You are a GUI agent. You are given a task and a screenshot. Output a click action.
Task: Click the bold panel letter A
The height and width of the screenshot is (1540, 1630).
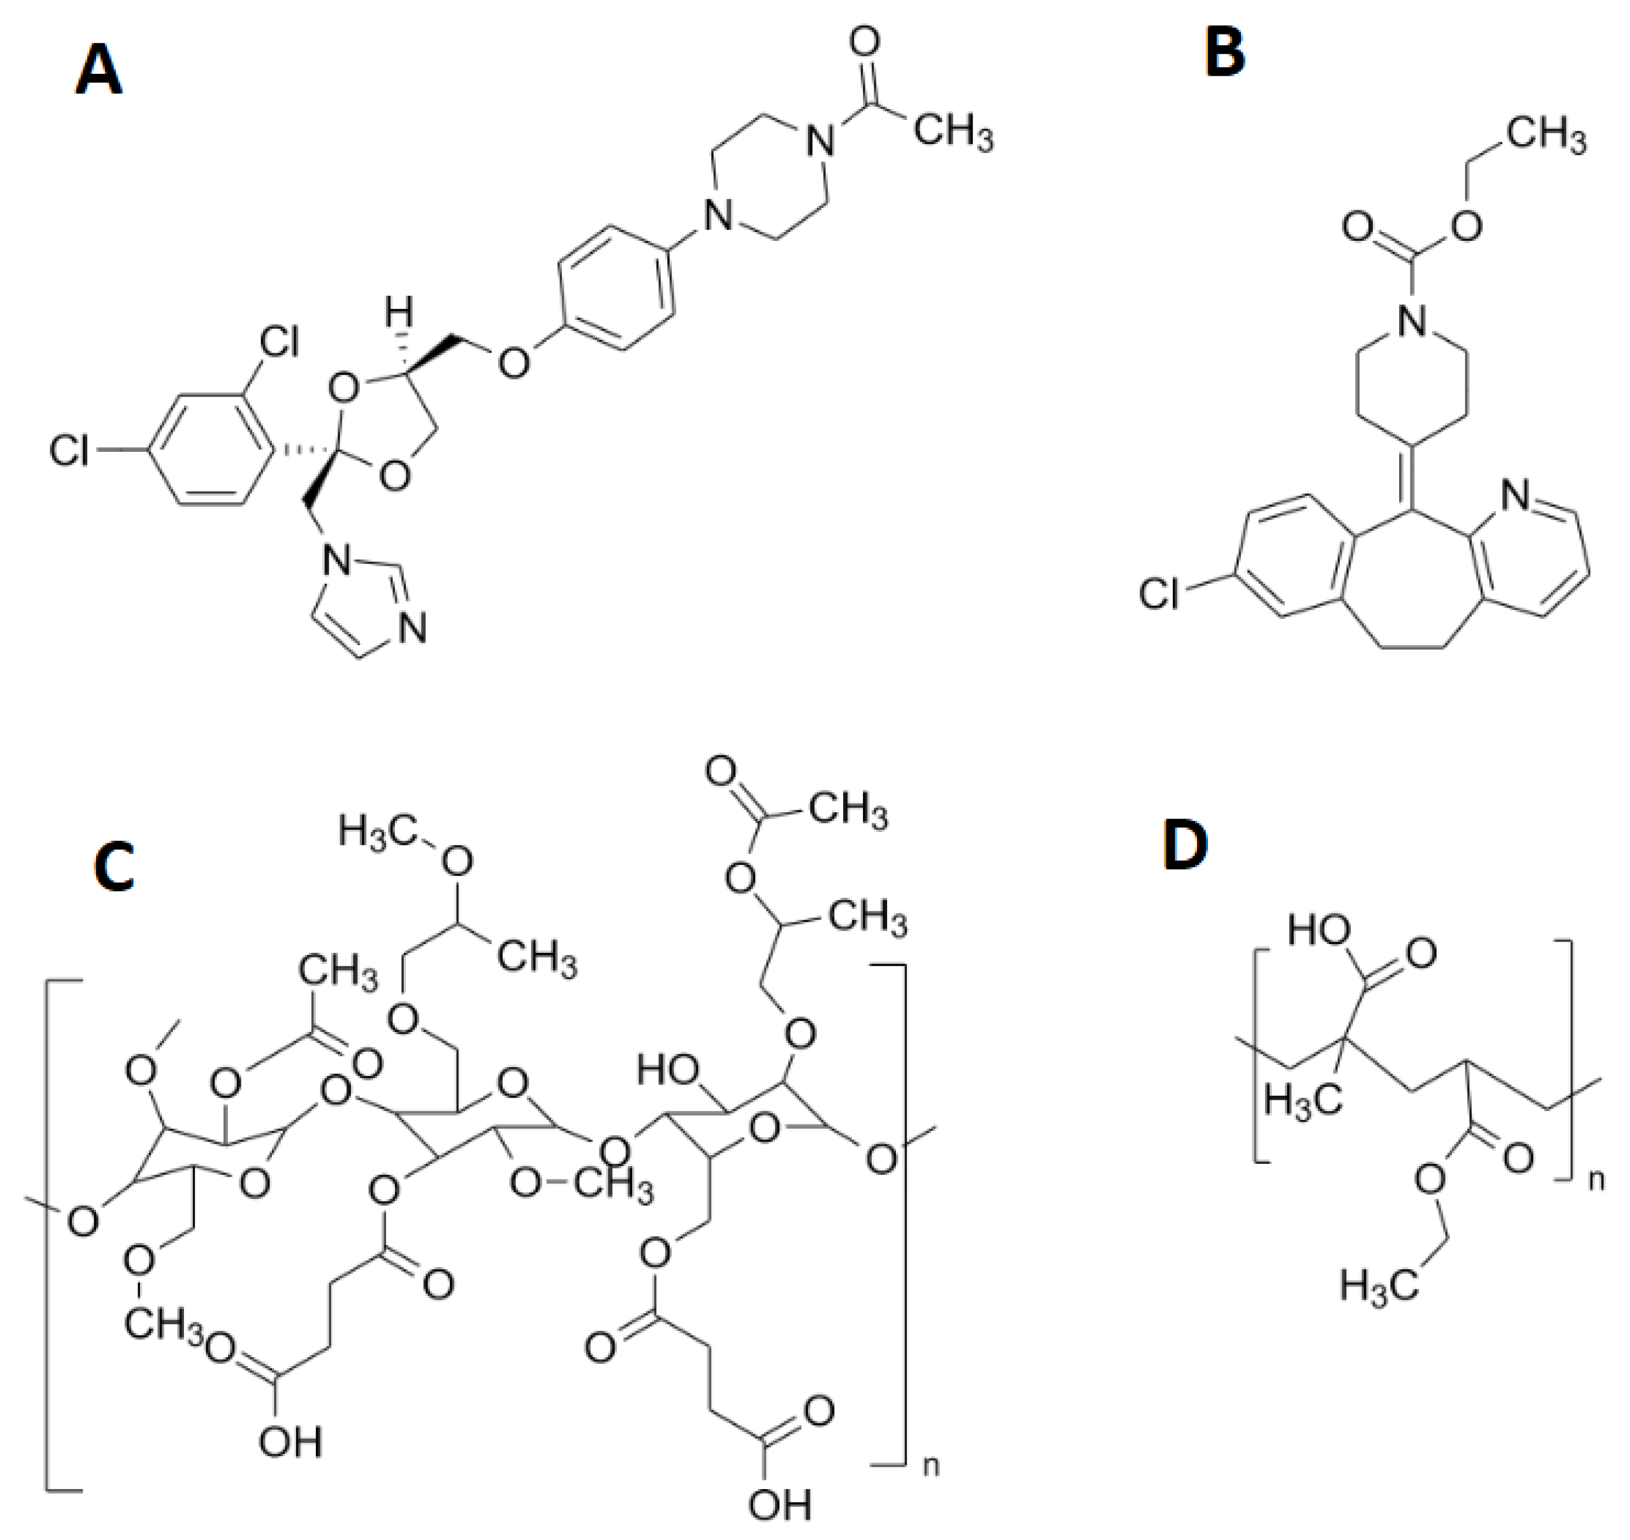pos(98,71)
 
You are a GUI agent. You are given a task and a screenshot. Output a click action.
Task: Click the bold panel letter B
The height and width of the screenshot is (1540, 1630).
pos(1225,51)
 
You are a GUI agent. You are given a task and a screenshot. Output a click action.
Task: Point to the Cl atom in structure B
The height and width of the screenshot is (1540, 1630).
pos(1158,592)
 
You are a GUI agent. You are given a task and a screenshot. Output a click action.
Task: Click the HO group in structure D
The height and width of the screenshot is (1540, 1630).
pos(1318,930)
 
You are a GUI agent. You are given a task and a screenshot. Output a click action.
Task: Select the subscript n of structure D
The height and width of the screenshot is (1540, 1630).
pos(1595,1180)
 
